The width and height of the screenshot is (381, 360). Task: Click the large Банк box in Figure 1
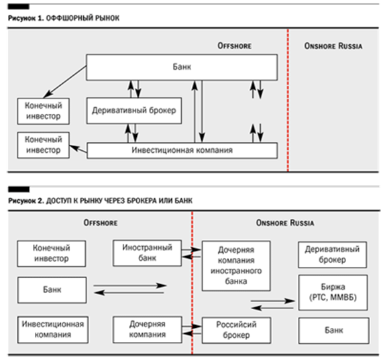tap(182, 67)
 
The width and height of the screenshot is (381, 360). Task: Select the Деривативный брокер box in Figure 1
tap(134, 111)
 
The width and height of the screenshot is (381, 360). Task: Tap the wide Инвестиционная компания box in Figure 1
tap(182, 151)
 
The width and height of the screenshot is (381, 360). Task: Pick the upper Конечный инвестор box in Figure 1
tap(43, 111)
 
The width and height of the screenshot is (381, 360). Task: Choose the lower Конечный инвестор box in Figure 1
tap(43, 145)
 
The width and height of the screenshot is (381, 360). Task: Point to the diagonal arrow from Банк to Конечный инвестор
tap(65, 82)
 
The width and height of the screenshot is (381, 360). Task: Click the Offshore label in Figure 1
tap(235, 46)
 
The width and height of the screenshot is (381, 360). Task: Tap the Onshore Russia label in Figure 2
tap(285, 223)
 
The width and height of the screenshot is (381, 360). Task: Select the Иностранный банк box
tap(148, 253)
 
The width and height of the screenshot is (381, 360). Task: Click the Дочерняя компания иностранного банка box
tap(236, 265)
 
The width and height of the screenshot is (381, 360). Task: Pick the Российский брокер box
tap(236, 330)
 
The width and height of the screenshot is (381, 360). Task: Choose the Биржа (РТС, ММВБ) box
tap(333, 293)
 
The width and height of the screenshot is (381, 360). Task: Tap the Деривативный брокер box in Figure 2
tap(333, 255)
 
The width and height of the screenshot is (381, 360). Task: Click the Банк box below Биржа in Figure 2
tap(334, 331)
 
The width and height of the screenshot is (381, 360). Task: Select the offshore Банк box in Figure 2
tap(52, 290)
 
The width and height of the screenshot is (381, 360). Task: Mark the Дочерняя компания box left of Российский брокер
tap(148, 330)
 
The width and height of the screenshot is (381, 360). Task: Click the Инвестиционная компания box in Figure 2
tap(53, 330)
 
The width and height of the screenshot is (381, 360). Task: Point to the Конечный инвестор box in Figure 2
tap(51, 254)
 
